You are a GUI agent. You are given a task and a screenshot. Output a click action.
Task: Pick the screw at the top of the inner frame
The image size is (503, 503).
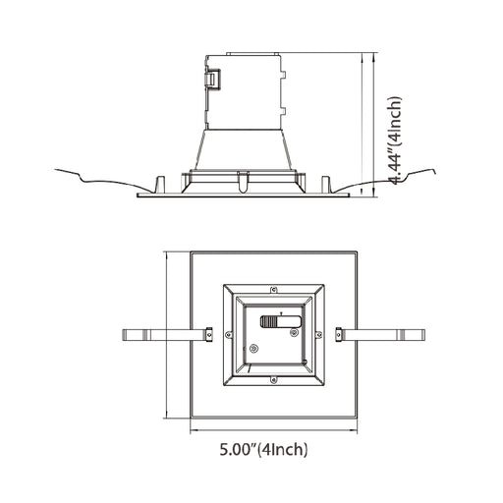[275, 290]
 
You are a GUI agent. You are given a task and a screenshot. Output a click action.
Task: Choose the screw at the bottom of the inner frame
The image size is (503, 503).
[275, 377]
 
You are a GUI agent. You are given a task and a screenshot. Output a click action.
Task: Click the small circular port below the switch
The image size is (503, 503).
[255, 348]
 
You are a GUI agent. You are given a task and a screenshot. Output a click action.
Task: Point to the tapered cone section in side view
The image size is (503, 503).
[243, 149]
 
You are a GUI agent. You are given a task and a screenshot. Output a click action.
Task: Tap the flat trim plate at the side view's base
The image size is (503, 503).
[243, 194]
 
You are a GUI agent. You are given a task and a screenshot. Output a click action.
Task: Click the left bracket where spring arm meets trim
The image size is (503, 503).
[208, 334]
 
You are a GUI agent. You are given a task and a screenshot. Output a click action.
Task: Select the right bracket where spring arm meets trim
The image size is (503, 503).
[338, 334]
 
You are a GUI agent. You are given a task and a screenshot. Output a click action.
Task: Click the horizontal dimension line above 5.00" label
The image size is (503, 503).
[273, 429]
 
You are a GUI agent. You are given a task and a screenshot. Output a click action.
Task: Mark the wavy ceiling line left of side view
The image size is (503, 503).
[98, 178]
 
